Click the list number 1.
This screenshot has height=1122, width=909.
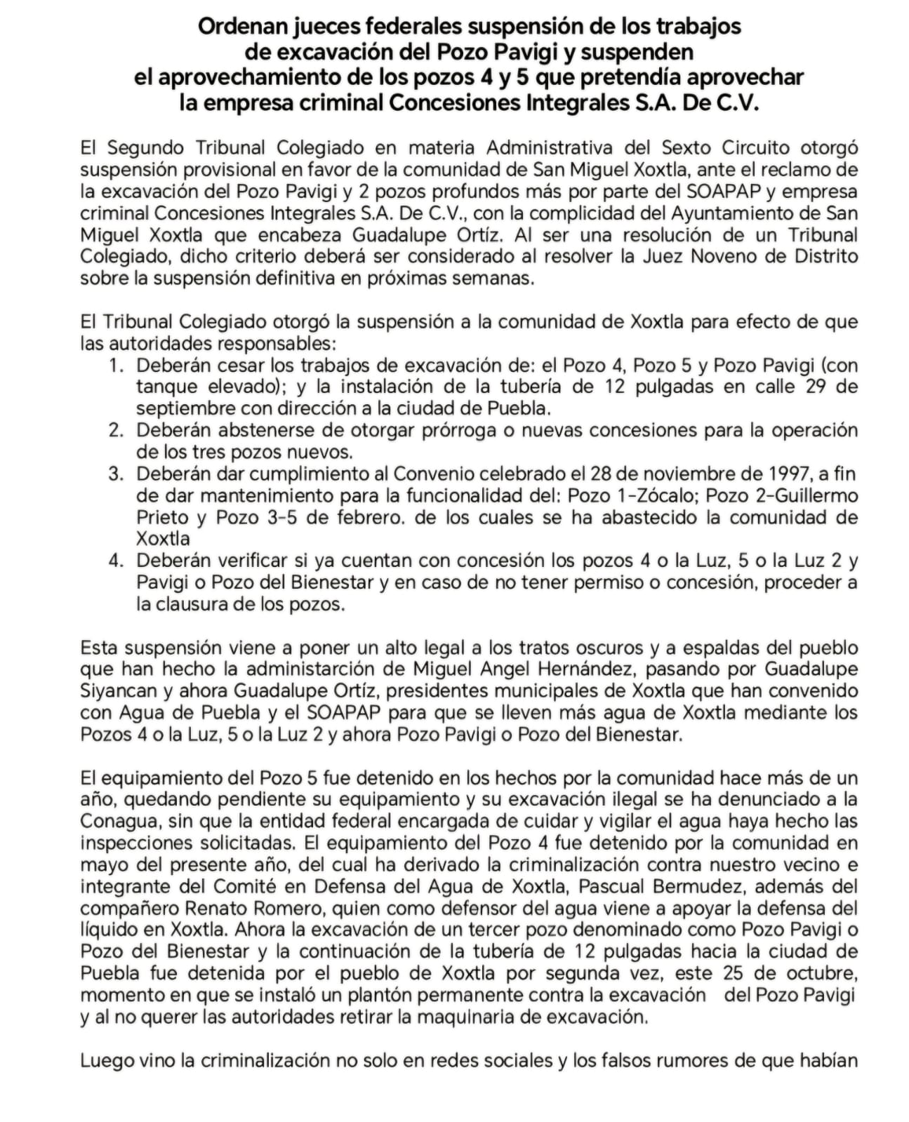pyautogui.click(x=115, y=366)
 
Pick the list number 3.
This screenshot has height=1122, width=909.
pyautogui.click(x=115, y=474)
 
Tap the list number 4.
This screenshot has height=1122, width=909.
pyautogui.click(x=115, y=561)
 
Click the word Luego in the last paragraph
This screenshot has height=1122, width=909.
pyautogui.click(x=105, y=1060)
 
